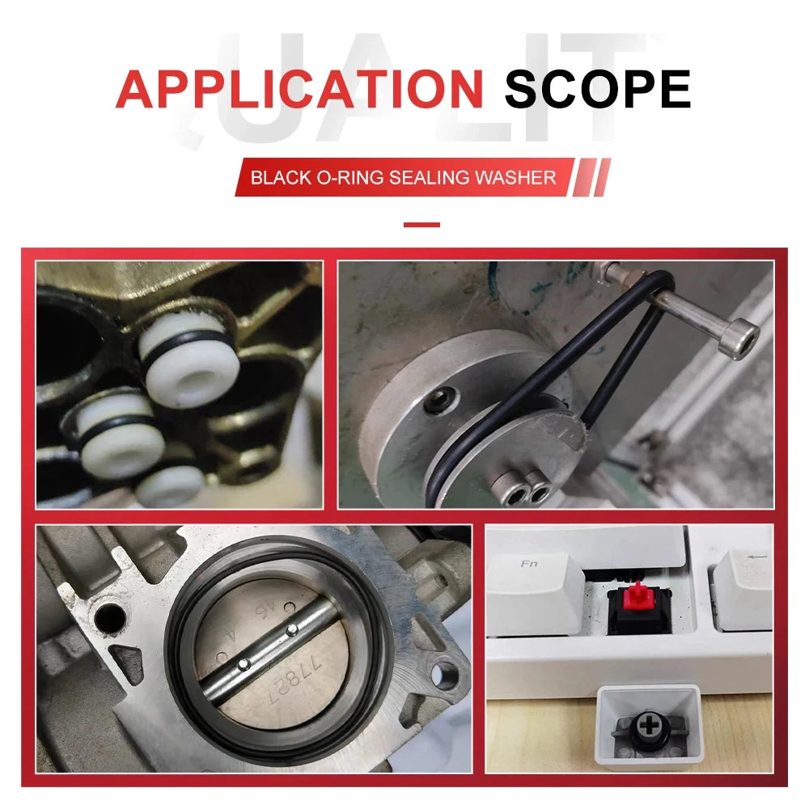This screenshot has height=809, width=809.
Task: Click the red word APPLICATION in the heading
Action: [x=299, y=89]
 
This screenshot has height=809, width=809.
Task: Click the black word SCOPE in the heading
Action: [x=598, y=89]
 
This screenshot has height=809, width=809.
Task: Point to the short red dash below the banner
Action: [x=421, y=224]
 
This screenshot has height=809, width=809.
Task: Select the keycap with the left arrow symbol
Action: [x=743, y=589]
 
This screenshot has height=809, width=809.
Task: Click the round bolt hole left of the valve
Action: [x=110, y=617]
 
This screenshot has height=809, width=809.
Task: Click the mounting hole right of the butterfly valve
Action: [x=443, y=673]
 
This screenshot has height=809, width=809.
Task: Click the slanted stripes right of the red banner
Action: [x=592, y=177]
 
